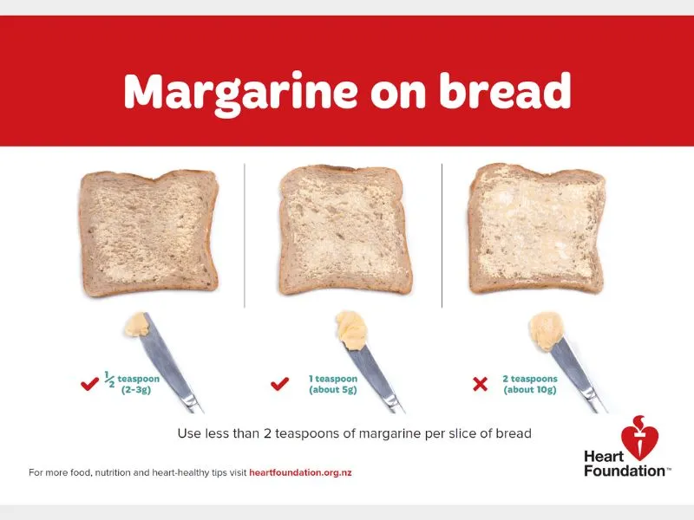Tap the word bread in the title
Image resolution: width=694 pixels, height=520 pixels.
502,90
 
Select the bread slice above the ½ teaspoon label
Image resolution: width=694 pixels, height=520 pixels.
149,231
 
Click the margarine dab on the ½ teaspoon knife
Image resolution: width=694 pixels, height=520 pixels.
137,326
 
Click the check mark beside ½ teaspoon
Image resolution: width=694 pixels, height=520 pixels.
88,384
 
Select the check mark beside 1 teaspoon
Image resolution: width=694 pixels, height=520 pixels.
279,384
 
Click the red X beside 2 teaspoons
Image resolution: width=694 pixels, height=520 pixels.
480,384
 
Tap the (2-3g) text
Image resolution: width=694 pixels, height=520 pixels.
134,391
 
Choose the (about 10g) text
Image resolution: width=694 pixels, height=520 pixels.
530,391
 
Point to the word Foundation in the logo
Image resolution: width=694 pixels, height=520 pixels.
625,471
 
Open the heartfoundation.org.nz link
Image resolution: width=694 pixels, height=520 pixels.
300,473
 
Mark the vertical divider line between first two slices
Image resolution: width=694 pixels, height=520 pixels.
246,234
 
